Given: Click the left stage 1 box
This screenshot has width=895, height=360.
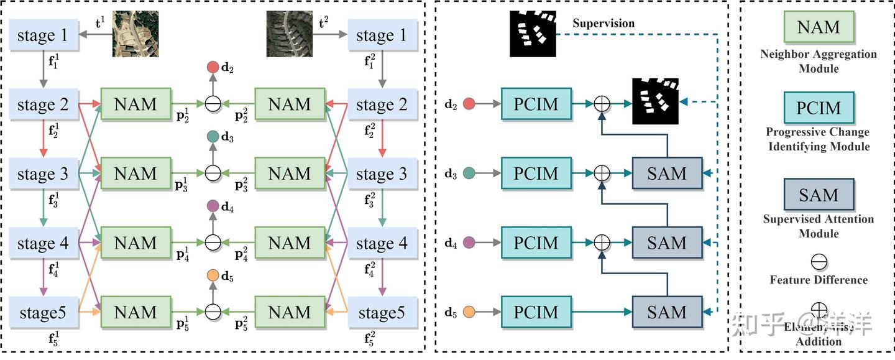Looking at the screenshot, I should pyautogui.click(x=44, y=35).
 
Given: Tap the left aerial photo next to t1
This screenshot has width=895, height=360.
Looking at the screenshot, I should pyautogui.click(x=135, y=35).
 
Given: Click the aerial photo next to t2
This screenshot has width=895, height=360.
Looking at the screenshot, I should pyautogui.click(x=289, y=35).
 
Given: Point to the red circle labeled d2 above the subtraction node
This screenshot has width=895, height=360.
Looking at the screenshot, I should pyautogui.click(x=213, y=67).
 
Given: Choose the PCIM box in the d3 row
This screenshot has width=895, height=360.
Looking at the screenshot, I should pyautogui.click(x=536, y=173).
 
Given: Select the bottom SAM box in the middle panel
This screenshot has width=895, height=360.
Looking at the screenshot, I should pyautogui.click(x=667, y=312).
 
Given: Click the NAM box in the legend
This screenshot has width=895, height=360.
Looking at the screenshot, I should pyautogui.click(x=819, y=27).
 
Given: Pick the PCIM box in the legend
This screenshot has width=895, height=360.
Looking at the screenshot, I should pyautogui.click(x=819, y=108).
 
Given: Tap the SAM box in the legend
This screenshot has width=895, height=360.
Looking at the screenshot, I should pyautogui.click(x=819, y=195).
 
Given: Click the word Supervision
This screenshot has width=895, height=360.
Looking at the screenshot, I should pyautogui.click(x=604, y=24).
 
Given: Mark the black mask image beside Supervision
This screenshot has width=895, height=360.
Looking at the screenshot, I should pyautogui.click(x=533, y=34).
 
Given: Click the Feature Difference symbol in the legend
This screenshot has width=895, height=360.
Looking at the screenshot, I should pyautogui.click(x=819, y=261).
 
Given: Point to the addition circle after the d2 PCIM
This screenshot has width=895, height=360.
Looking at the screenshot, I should pyautogui.click(x=602, y=103).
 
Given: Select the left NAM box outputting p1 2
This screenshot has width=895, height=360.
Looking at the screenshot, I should pyautogui.click(x=135, y=104).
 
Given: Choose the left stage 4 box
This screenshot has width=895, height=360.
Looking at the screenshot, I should pyautogui.click(x=44, y=243).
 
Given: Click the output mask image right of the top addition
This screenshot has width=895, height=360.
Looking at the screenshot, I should pyautogui.click(x=654, y=101).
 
